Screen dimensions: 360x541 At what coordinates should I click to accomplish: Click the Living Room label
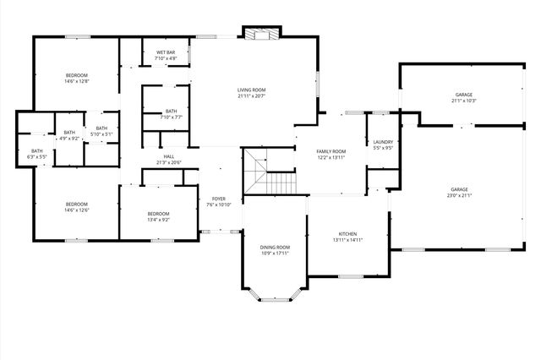[251, 90]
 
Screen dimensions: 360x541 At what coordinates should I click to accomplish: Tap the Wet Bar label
[166, 52]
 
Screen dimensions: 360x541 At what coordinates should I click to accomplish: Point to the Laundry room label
[382, 142]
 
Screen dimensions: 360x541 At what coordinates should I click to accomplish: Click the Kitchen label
[348, 234]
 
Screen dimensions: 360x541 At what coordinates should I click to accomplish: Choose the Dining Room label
[276, 248]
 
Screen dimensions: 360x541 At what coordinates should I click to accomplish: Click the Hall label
[169, 156]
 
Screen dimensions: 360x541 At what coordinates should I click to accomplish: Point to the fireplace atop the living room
[257, 34]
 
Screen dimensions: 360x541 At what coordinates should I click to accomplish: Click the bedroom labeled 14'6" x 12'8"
[76, 81]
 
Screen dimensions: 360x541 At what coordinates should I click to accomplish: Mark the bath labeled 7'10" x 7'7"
[172, 117]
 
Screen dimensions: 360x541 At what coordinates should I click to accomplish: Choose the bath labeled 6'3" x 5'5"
[36, 156]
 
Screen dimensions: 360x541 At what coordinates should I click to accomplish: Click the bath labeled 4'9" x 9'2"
[69, 137]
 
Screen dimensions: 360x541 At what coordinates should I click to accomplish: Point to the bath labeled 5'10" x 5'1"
[101, 134]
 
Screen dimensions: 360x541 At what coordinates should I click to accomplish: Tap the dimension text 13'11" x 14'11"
[348, 240]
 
